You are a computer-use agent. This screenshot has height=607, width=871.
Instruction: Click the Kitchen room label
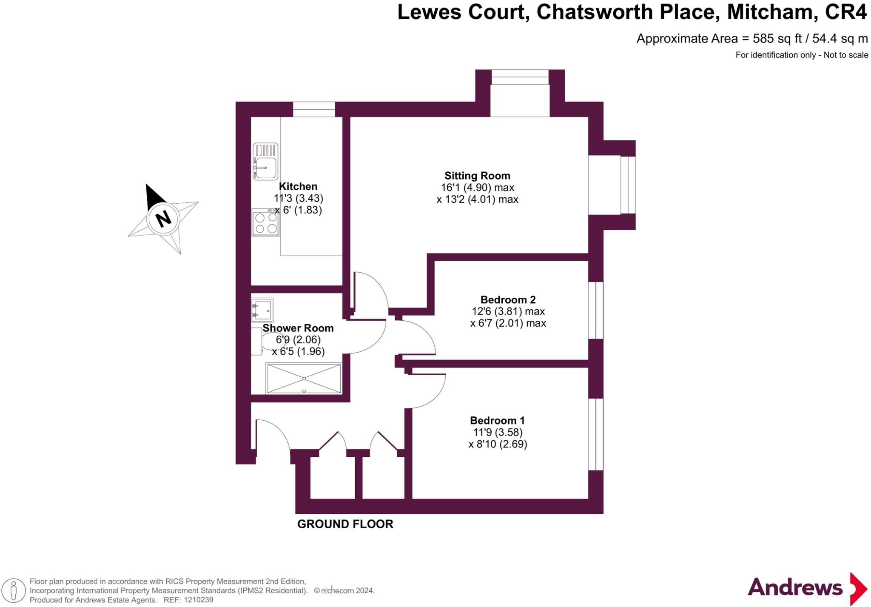click(x=298, y=186)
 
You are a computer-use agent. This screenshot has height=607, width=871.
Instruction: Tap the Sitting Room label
click(x=477, y=176)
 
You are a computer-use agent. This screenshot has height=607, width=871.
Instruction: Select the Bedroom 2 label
click(x=508, y=299)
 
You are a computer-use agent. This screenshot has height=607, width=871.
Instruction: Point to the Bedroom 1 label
click(x=497, y=420)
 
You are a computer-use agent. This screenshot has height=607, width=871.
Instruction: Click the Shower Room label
click(x=298, y=328)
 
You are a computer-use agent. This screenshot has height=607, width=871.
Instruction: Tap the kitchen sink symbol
click(x=265, y=162)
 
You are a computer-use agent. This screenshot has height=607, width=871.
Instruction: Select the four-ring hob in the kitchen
click(x=265, y=222)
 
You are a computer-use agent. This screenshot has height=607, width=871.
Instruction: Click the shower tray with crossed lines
click(x=304, y=378)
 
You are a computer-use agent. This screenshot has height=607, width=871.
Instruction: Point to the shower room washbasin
click(x=262, y=309)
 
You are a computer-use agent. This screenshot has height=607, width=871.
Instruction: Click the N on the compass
click(x=163, y=219)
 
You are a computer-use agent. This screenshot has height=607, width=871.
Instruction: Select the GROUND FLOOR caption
click(x=345, y=524)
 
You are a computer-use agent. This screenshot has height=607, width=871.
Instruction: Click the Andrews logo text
click(x=795, y=588)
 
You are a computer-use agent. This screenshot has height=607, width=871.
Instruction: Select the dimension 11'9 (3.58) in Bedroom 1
click(x=498, y=432)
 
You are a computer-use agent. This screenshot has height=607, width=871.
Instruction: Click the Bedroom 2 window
click(x=596, y=310)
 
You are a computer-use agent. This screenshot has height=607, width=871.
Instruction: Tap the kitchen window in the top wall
click(x=314, y=109)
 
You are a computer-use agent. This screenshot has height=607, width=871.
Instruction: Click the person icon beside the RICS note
click(x=14, y=590)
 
